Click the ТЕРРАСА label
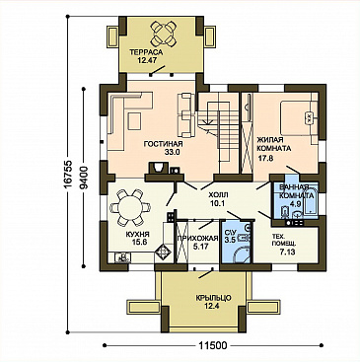[x=146, y=52]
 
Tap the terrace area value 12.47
[x=146, y=60]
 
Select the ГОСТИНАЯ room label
[x=163, y=144]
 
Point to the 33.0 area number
[x=172, y=152]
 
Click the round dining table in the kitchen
[x=130, y=208]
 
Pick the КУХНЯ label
[x=138, y=235]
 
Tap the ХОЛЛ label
[x=218, y=195]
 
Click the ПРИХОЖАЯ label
[x=197, y=238]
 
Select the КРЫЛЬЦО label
[x=213, y=298]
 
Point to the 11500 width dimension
[x=213, y=345]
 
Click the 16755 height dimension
[x=67, y=175]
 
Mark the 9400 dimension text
[x=84, y=178]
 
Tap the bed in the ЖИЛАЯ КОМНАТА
[x=299, y=118]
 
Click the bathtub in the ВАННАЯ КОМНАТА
[x=311, y=201]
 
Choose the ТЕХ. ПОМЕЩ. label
[x=284, y=240]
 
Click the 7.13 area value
[x=287, y=253]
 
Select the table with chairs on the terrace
[x=162, y=34]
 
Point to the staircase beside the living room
[x=218, y=128]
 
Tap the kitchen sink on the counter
[x=122, y=257]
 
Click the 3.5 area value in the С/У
[x=230, y=240]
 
